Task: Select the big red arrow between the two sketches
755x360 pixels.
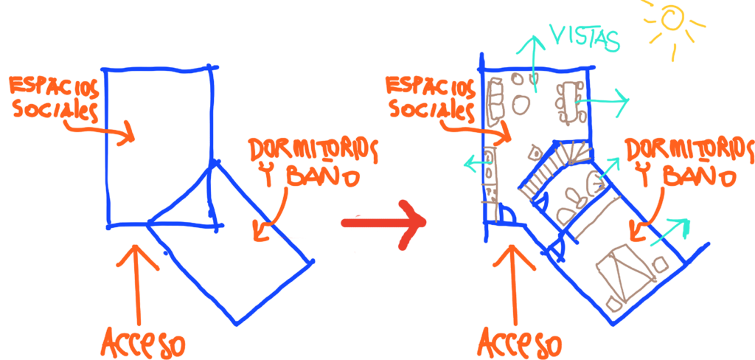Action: point(383,224)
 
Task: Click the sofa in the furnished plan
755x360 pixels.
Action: point(495,103)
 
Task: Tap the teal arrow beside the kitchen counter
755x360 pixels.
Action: point(477,165)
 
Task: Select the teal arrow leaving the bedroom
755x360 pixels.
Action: point(670,232)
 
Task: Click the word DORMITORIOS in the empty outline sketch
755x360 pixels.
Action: point(313,150)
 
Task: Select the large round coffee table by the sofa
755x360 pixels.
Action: point(521,104)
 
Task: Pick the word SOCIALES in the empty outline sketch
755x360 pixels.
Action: point(56,110)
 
